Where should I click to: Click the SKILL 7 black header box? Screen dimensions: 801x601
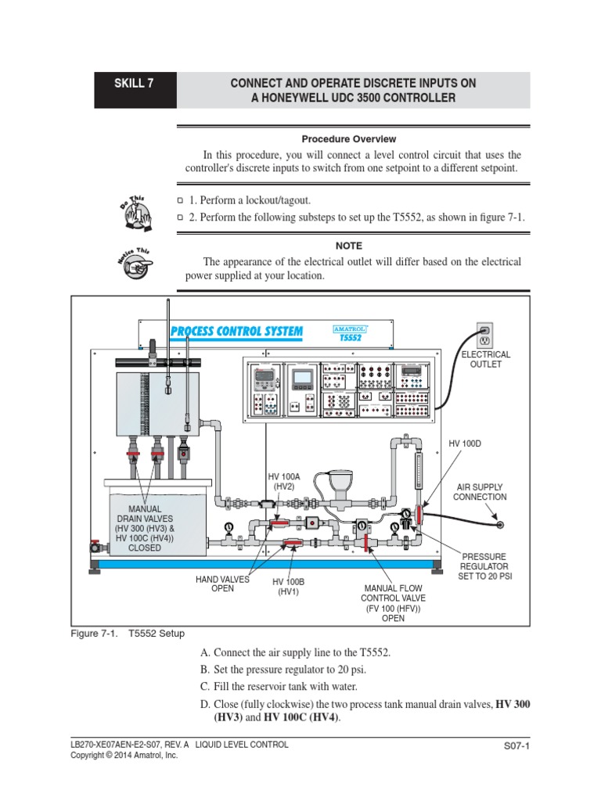[x=135, y=90]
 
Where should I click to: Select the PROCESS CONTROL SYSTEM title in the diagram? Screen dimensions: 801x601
[x=236, y=331]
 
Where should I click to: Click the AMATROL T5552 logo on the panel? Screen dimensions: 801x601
[x=350, y=333]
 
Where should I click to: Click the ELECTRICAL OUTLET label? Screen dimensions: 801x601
[x=485, y=360]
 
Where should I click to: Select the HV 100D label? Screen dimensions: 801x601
[x=465, y=444]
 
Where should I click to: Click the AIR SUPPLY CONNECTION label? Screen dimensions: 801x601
[x=481, y=491]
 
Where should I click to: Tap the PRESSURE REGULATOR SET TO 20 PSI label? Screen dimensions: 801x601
[x=484, y=566]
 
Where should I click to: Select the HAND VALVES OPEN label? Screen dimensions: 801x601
[x=222, y=584]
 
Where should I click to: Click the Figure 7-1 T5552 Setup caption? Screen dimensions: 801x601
[x=128, y=634]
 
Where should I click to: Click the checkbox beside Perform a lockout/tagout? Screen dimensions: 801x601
[x=180, y=201]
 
